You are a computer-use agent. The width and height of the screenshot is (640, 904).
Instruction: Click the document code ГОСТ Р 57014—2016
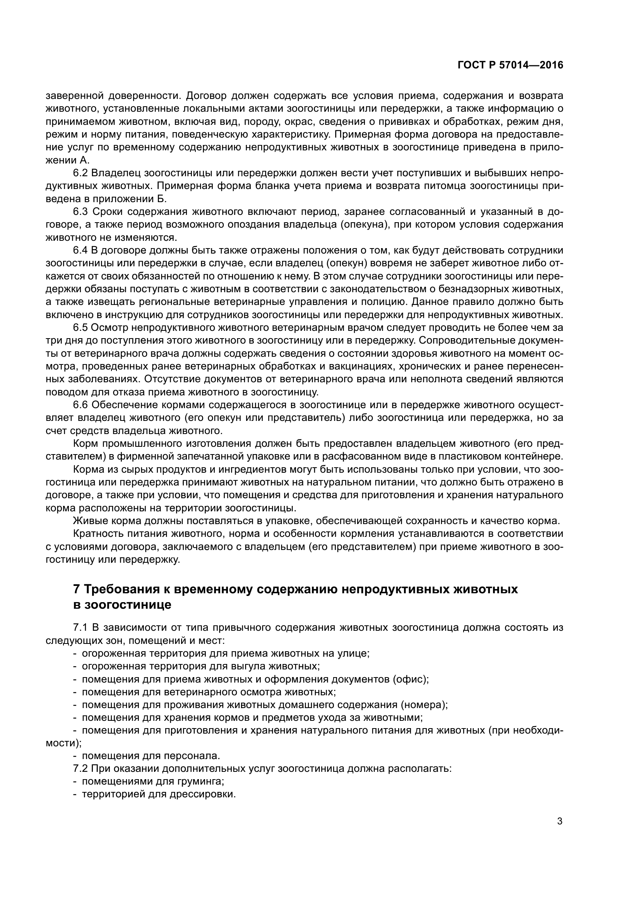tap(510, 65)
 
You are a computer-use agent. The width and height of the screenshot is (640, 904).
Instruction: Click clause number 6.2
tap(80, 173)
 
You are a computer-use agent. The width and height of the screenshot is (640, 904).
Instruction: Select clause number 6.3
tap(80, 212)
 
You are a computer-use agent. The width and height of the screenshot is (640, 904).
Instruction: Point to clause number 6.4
tap(80, 250)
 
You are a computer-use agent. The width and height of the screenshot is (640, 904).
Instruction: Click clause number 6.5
tap(80, 328)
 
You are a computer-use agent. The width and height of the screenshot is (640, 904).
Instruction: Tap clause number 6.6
tap(80, 405)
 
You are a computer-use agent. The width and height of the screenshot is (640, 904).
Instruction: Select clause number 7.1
tap(80, 628)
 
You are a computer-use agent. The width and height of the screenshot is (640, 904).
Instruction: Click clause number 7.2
tap(80, 769)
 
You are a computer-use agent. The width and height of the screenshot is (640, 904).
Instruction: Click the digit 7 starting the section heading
tap(77, 589)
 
